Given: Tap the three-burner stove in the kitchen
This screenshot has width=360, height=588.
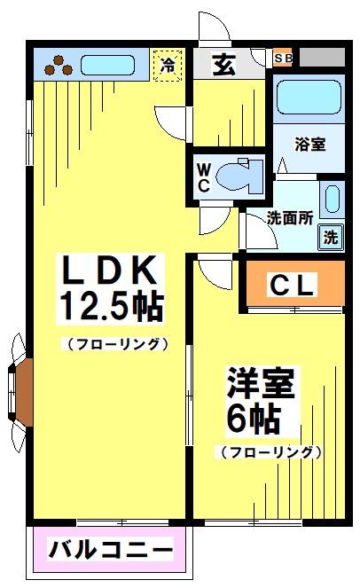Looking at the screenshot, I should [59, 64].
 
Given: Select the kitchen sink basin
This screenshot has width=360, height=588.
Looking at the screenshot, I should [107, 65].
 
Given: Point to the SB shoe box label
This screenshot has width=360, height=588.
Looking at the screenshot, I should [284, 58].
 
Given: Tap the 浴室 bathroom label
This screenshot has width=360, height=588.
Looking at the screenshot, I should [309, 144].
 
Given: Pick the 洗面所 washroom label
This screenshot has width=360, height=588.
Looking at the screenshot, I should [289, 218].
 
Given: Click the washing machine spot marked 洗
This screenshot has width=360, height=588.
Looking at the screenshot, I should [330, 237].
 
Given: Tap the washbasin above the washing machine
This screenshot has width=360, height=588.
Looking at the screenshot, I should [332, 199].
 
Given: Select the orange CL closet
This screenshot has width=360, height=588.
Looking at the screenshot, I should [292, 285].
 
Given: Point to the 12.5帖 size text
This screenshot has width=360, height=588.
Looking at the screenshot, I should [110, 308].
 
